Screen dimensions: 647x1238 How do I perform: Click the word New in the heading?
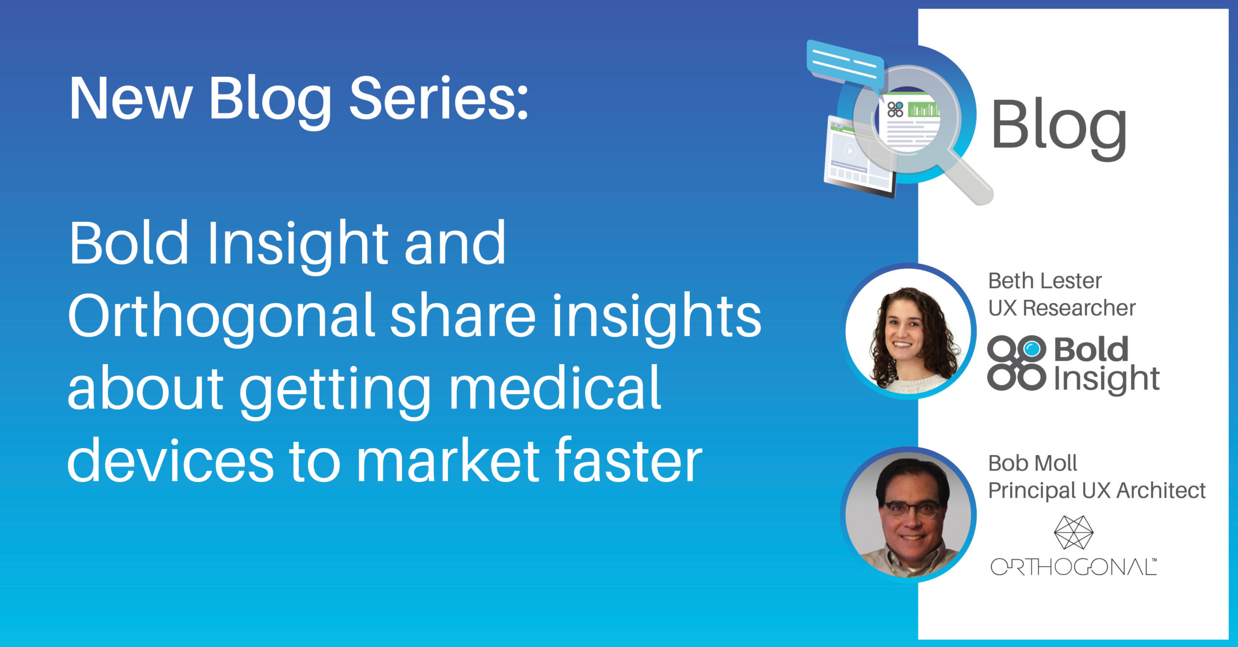click(131, 99)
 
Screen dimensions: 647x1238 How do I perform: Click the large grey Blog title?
click(1059, 126)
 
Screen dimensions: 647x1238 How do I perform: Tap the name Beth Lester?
click(1045, 281)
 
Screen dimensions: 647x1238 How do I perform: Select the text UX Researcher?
click(1061, 308)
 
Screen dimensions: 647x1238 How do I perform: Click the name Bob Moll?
click(1032, 463)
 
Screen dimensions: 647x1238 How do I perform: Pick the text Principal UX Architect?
click(1096, 490)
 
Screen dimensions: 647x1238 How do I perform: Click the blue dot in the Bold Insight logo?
click(1032, 349)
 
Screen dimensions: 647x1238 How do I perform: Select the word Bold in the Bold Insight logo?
click(1091, 350)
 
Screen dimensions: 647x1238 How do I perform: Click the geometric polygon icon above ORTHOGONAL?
click(1073, 532)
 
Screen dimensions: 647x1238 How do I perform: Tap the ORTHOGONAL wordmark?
click(1073, 567)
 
